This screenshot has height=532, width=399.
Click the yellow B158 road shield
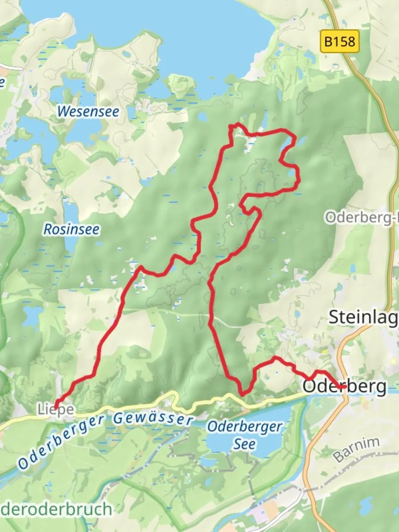click(340, 41)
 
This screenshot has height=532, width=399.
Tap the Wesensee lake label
click(88, 111)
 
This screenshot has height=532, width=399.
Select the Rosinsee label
click(71, 229)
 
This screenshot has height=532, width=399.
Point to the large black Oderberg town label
click(345, 387)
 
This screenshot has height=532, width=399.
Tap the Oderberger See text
click(244, 435)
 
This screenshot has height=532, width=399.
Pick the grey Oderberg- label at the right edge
click(361, 217)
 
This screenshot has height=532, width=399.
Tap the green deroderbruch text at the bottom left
click(57, 509)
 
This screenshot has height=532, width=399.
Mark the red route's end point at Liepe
click(55, 405)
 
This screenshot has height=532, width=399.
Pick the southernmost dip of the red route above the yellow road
click(242, 394)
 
